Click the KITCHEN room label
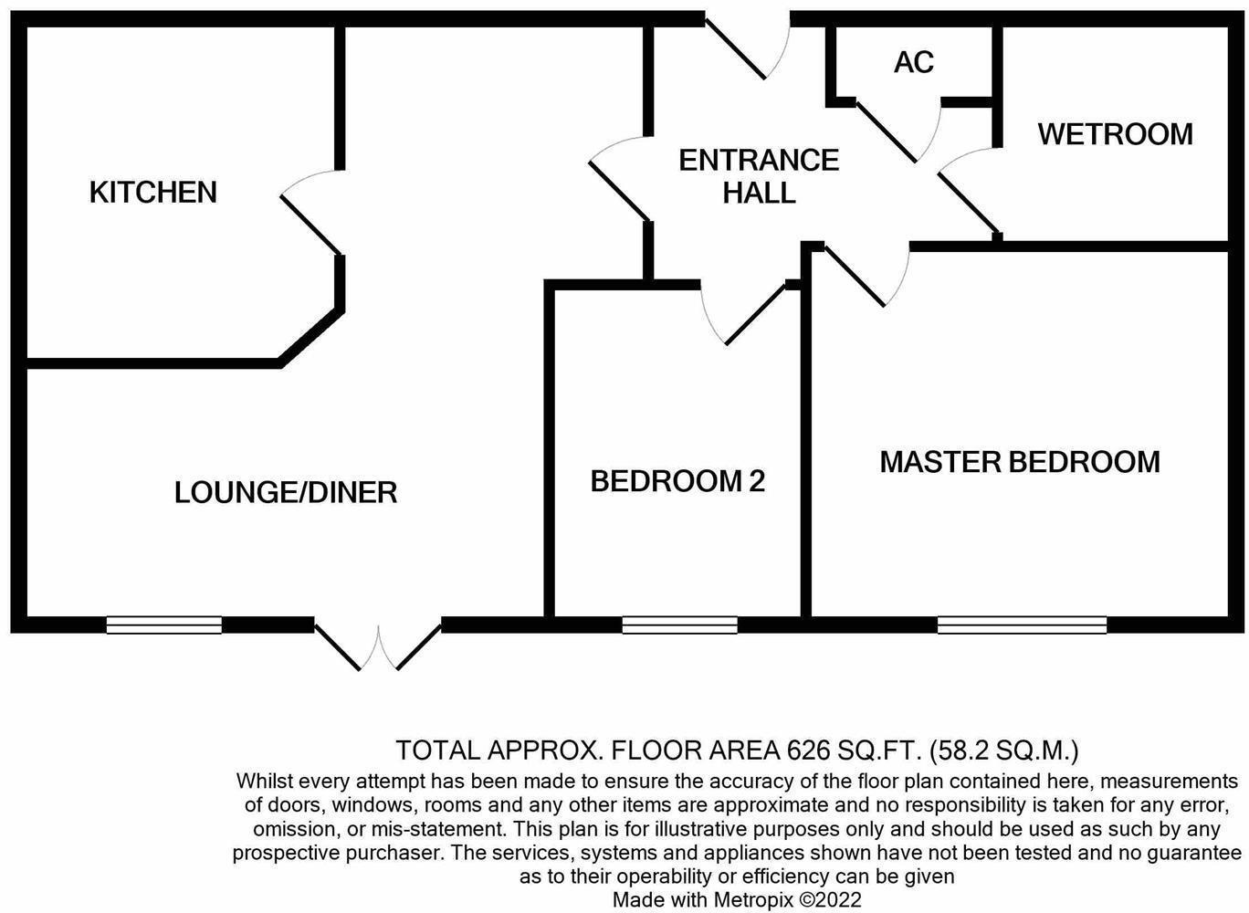click(153, 193)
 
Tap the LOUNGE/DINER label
click(286, 493)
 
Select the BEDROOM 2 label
click(677, 481)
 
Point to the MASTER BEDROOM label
click(1020, 462)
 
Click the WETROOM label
click(1115, 134)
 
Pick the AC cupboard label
click(914, 62)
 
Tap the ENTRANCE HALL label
click(759, 176)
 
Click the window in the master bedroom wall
click(1022, 625)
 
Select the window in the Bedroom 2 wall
click(679, 625)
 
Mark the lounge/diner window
click(164, 625)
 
